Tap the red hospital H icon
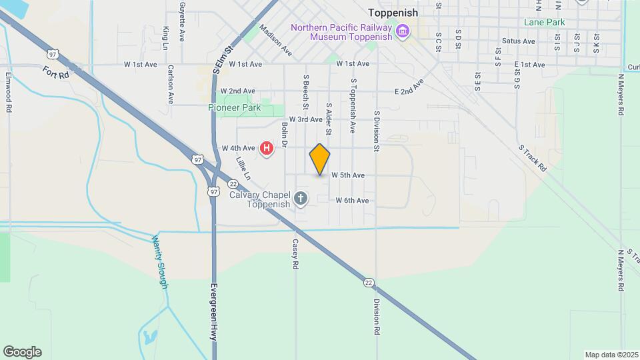(x=267, y=148)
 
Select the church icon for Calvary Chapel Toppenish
(x=301, y=199)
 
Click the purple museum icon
(x=402, y=31)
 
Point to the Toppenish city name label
(x=393, y=13)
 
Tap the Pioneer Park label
(x=234, y=107)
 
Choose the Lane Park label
(x=544, y=22)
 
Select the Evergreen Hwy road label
(x=214, y=312)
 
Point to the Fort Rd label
(x=56, y=72)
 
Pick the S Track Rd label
(x=533, y=158)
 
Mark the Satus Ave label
(x=519, y=41)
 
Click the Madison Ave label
(x=276, y=39)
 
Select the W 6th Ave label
(x=352, y=200)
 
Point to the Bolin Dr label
(x=284, y=134)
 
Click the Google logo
(x=22, y=352)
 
